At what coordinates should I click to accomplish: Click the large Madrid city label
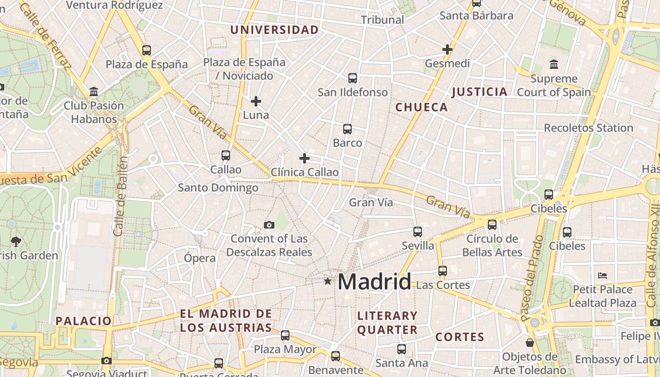(375, 282)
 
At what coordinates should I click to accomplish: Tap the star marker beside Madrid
(328, 281)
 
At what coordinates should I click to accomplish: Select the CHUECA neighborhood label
(421, 107)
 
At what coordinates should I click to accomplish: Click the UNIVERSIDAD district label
(274, 30)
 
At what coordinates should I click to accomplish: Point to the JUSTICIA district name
(479, 92)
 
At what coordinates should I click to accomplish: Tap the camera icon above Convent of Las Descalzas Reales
(269, 225)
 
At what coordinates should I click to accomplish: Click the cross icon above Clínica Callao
(305, 158)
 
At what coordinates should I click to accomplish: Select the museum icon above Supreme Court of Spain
(554, 64)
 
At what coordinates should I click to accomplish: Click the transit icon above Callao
(226, 155)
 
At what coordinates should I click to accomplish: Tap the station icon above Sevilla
(418, 231)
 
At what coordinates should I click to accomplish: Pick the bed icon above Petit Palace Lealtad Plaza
(602, 275)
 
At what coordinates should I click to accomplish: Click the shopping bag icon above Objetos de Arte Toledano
(530, 342)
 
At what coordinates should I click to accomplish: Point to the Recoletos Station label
(588, 128)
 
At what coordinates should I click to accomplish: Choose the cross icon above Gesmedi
(447, 49)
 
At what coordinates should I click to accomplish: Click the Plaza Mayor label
(285, 350)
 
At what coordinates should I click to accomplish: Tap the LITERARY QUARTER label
(388, 322)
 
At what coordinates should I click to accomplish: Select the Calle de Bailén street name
(121, 196)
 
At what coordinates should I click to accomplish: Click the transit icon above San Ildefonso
(353, 78)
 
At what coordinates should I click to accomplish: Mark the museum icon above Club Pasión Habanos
(94, 91)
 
